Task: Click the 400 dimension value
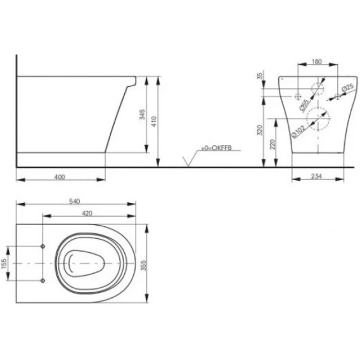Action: [60, 177]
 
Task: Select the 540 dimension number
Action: [75, 202]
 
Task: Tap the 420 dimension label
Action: [87, 214]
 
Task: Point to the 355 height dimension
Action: [143, 266]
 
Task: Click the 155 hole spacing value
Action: [4, 264]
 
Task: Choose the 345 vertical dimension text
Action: [143, 114]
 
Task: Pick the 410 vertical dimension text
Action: [154, 121]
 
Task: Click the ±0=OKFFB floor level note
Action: [217, 148]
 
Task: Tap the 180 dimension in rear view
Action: [317, 61]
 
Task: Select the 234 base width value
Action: [316, 176]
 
